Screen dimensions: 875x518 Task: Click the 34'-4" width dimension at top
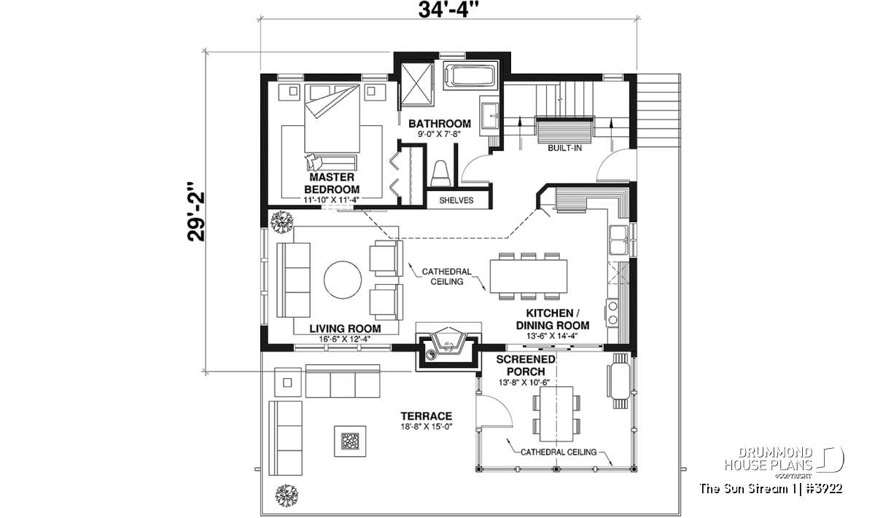[448, 9]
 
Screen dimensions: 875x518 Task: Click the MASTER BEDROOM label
[332, 183]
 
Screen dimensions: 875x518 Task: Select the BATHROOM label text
[440, 124]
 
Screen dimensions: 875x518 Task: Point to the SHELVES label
[456, 200]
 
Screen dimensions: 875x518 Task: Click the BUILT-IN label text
[564, 148]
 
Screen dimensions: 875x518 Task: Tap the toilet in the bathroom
[440, 173]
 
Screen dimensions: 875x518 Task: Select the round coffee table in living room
[343, 280]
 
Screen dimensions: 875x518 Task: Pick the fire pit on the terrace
[350, 441]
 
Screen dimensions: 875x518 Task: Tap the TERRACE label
[426, 416]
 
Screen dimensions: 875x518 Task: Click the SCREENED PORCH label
[526, 366]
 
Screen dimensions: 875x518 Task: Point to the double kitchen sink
[618, 240]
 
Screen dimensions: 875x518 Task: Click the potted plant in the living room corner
[281, 222]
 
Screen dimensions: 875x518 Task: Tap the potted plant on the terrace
[287, 495]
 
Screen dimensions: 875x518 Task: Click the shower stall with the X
[417, 84]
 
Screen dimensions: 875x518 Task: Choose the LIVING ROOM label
[345, 329]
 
